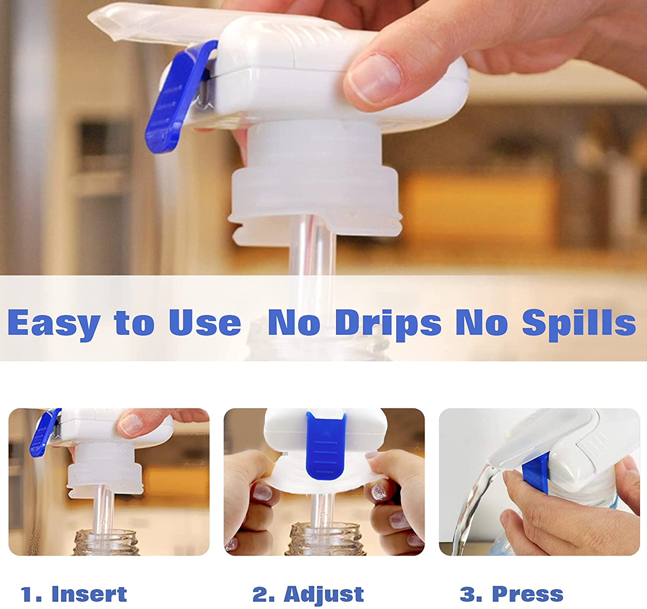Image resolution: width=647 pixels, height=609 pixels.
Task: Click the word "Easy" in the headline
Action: pyautogui.click(x=54, y=323)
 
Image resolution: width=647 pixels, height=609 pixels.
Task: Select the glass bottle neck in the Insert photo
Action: pyautogui.click(x=106, y=543)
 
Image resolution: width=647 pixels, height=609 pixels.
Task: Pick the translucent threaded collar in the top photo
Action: pyautogui.click(x=314, y=182)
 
